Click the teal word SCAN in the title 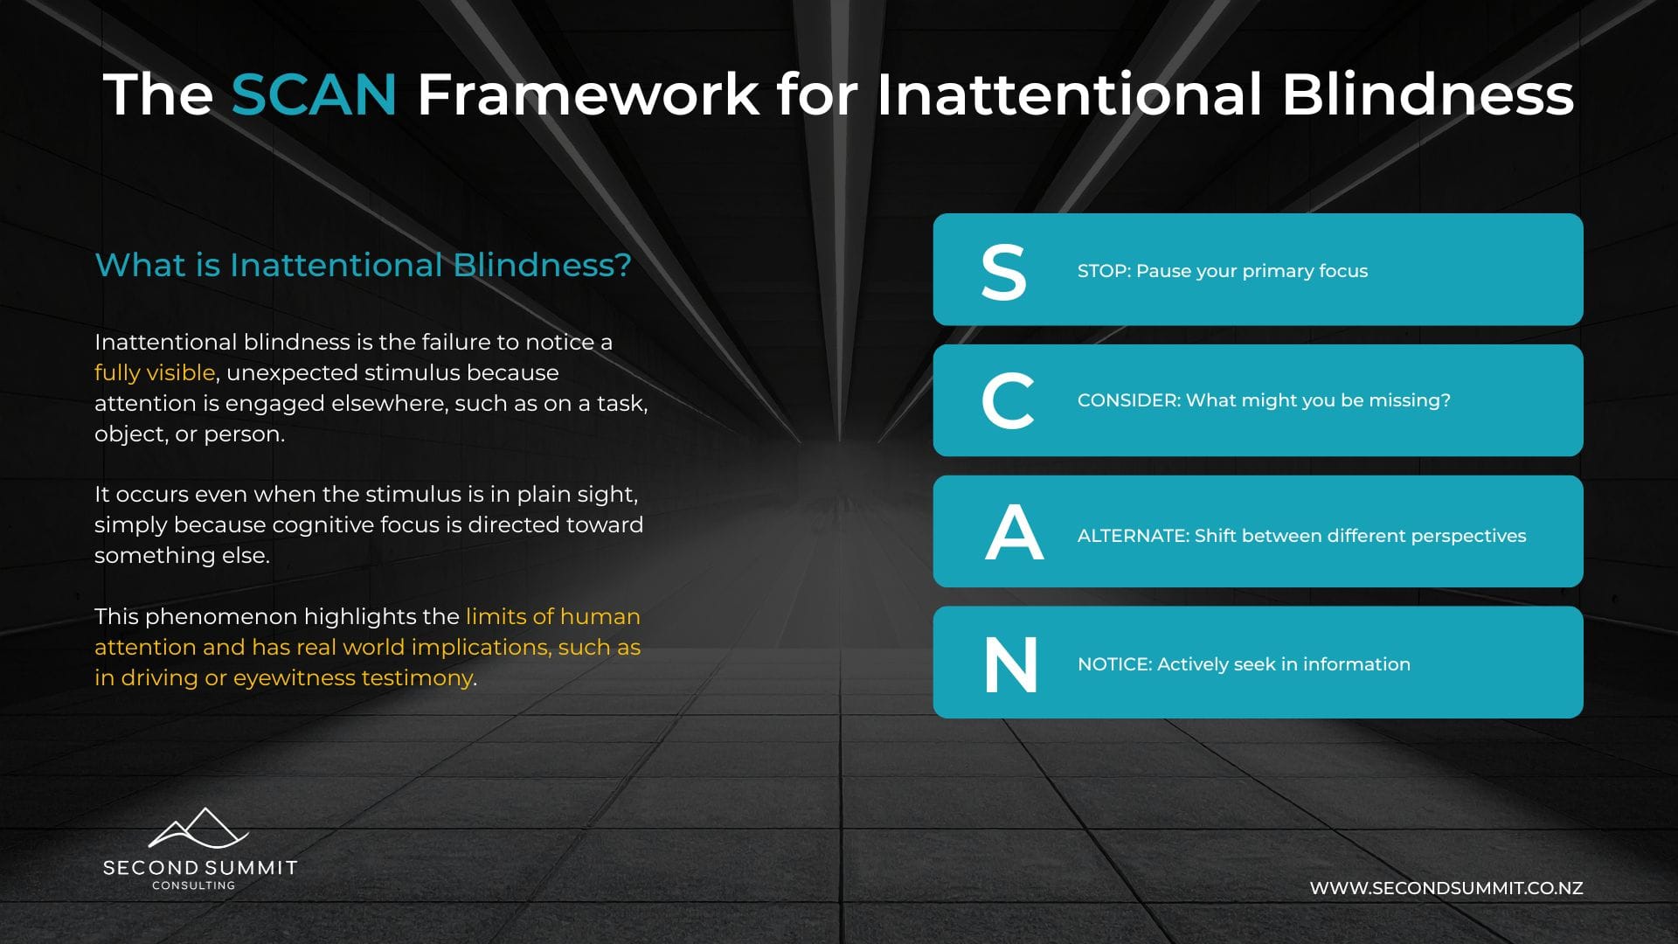click(314, 94)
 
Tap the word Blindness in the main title click(1427, 94)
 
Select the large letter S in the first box click(1003, 272)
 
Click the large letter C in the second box click(1008, 400)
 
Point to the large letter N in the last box click(1011, 664)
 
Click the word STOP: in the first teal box click(1104, 271)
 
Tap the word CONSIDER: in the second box click(1129, 400)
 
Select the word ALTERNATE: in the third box click(1134, 536)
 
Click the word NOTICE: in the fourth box click(1114, 664)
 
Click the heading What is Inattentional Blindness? click(363, 265)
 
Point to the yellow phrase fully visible click(155, 373)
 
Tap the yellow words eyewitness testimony click(353, 678)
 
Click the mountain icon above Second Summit click(199, 828)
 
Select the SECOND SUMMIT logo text click(200, 868)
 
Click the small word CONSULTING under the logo click(194, 885)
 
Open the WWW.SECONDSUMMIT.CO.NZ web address click(1446, 888)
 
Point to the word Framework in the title click(588, 94)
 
